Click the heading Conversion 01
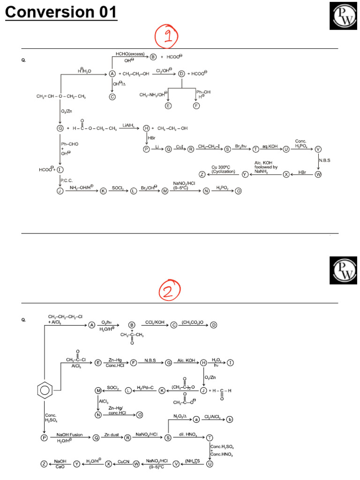pyautogui.click(x=61, y=12)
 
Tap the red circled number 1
pyautogui.click(x=166, y=37)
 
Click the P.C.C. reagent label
pyautogui.click(x=66, y=180)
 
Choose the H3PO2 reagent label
pyautogui.click(x=222, y=187)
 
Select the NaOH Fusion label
pyautogui.click(x=69, y=435)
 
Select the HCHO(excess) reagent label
pyautogui.click(x=131, y=54)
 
